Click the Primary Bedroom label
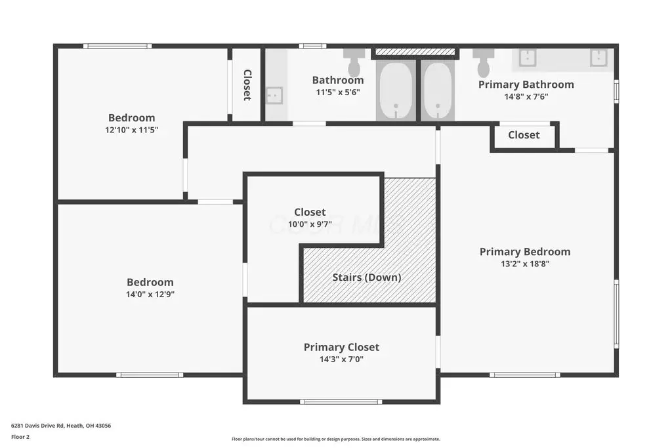[525, 252]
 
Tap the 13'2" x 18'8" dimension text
[525, 264]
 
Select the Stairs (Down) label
[367, 277]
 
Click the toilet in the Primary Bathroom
[484, 62]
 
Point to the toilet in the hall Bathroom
[354, 62]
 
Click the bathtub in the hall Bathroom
[396, 91]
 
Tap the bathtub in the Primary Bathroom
[438, 91]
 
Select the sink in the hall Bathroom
[274, 95]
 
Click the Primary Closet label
[341, 347]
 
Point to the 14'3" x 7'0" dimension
[341, 359]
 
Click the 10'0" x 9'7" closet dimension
[310, 224]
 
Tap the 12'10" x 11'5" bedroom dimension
[131, 130]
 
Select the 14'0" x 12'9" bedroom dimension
[150, 295]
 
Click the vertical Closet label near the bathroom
[247, 85]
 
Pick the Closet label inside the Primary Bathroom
[524, 135]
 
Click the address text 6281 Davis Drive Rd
[37, 426]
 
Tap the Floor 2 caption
[20, 437]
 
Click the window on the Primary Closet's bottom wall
[341, 401]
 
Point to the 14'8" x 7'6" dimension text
[526, 97]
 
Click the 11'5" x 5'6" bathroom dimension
[338, 92]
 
